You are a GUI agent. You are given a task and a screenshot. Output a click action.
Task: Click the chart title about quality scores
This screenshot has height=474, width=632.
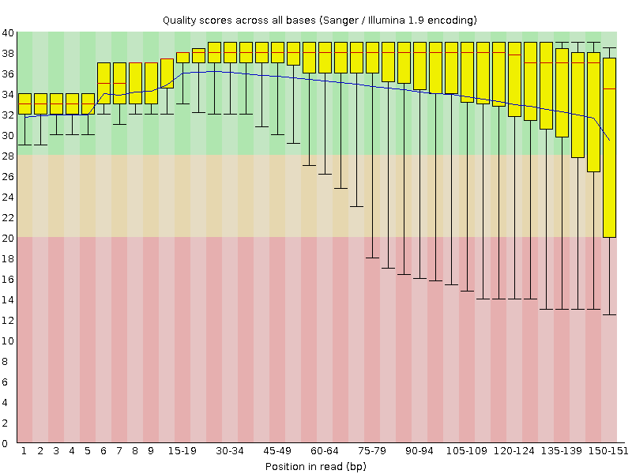[x=319, y=19]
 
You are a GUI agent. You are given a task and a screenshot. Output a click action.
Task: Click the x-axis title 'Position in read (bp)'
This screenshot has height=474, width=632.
[x=316, y=466]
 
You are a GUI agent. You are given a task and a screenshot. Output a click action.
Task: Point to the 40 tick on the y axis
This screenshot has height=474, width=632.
[x=8, y=32]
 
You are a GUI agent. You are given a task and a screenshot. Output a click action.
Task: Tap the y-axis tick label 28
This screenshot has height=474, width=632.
[x=8, y=156]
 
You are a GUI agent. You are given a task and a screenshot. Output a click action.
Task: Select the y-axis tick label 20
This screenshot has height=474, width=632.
[x=8, y=238]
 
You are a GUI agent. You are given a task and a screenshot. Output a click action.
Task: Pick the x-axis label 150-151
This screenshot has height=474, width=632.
[x=609, y=451]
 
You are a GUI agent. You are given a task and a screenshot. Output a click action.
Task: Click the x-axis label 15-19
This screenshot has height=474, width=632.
[x=182, y=451]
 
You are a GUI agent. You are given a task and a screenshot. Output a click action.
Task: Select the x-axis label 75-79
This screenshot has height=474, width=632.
[x=372, y=451]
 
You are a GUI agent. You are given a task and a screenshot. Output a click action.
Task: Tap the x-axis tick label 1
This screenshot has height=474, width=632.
[x=24, y=451]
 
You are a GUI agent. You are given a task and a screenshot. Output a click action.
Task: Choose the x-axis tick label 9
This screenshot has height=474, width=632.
[x=151, y=451]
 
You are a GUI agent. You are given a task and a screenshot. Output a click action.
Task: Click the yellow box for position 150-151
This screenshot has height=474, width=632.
[x=609, y=158]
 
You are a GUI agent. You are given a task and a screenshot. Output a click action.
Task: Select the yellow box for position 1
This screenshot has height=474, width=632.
[x=24, y=104]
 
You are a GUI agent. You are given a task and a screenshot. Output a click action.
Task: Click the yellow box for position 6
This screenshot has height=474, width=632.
[x=103, y=83]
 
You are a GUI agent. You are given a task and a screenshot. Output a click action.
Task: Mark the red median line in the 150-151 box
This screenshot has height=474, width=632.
[x=609, y=89]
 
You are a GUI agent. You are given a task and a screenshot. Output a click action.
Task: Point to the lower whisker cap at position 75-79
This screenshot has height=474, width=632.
[x=372, y=258]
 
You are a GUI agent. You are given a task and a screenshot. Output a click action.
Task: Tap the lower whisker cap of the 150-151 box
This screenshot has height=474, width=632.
[x=609, y=314]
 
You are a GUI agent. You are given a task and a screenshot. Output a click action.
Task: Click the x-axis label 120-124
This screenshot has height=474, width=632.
[x=514, y=451]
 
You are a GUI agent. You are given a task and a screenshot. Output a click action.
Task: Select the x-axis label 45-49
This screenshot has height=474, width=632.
[x=277, y=451]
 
